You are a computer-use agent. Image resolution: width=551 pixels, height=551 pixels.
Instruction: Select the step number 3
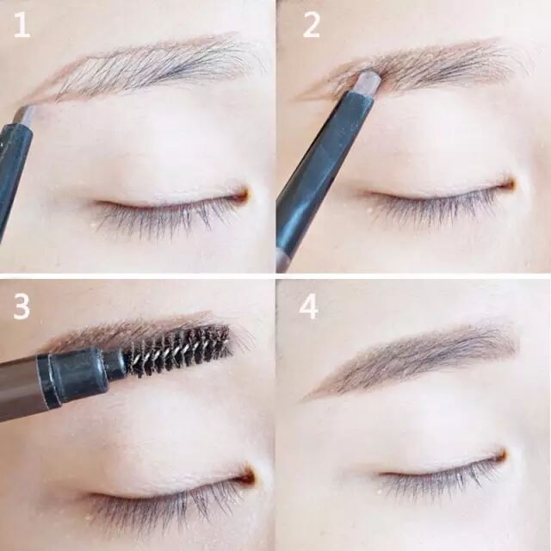pos(21,306)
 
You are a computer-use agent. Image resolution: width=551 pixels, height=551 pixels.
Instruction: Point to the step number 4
pos(309,306)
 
